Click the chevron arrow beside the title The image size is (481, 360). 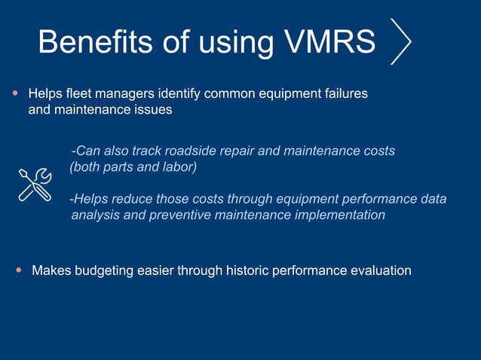[x=401, y=41]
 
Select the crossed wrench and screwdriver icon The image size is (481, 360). [x=35, y=185]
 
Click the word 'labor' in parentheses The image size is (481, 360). [x=178, y=167]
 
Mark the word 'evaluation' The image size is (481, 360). [x=381, y=270]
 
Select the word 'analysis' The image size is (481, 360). [x=95, y=215]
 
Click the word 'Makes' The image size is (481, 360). [x=50, y=270]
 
